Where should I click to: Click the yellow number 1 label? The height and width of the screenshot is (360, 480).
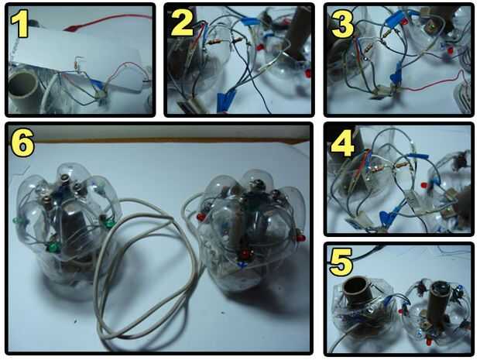20,24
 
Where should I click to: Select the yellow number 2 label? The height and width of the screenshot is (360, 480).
182,24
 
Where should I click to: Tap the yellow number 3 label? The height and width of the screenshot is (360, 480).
341,24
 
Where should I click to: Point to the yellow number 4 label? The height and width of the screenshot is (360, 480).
342,144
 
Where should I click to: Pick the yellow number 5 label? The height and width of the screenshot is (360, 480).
341,262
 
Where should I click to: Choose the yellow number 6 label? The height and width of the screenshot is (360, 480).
22,144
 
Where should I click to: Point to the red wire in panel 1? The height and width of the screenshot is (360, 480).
107,22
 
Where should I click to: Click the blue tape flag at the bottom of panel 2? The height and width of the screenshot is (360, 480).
225,100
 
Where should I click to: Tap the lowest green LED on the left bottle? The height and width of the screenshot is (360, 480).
53,247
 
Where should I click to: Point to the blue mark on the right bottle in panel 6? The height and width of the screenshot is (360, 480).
243,265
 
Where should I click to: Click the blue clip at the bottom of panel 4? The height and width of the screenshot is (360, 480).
386,217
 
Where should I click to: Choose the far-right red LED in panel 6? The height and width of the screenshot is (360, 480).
300,238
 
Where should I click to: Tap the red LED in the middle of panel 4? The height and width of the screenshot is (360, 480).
424,185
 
